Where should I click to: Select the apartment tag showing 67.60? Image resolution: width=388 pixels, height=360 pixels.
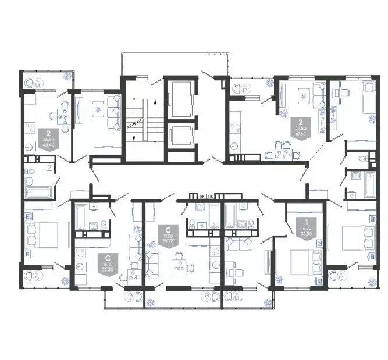pos(301,126)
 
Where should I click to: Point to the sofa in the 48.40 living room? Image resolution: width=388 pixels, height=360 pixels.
pos(114,114)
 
